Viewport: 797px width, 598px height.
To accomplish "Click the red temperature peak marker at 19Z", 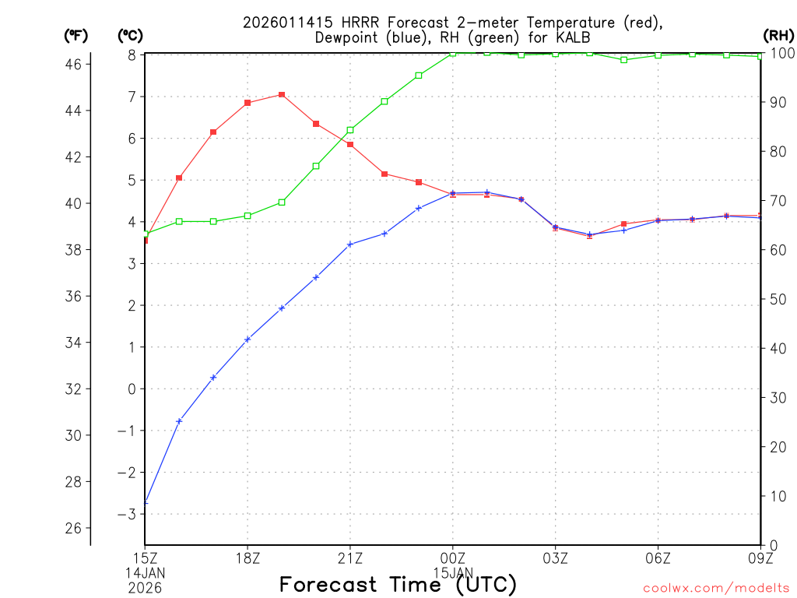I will (x=282, y=94).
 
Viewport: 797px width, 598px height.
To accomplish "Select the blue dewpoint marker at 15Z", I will (x=146, y=502).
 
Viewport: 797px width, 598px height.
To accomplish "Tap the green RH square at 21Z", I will (x=350, y=130).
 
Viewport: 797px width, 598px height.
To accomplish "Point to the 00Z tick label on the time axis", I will (x=453, y=558).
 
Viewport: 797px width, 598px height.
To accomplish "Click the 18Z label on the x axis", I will (x=248, y=558).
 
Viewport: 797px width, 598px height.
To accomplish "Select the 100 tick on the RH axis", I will (x=779, y=53).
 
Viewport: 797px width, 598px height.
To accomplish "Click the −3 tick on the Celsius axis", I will (x=126, y=514).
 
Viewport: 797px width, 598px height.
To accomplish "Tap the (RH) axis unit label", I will (x=778, y=35).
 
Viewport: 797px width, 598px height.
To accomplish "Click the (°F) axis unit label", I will (x=76, y=35).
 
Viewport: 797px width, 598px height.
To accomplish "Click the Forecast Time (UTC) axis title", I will (x=398, y=584).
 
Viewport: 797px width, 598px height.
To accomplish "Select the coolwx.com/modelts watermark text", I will (x=716, y=588).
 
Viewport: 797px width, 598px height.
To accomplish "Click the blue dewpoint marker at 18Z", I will (x=248, y=339).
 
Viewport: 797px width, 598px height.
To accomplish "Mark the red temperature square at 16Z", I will (x=179, y=178).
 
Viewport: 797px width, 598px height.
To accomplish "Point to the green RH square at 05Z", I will (x=624, y=60).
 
